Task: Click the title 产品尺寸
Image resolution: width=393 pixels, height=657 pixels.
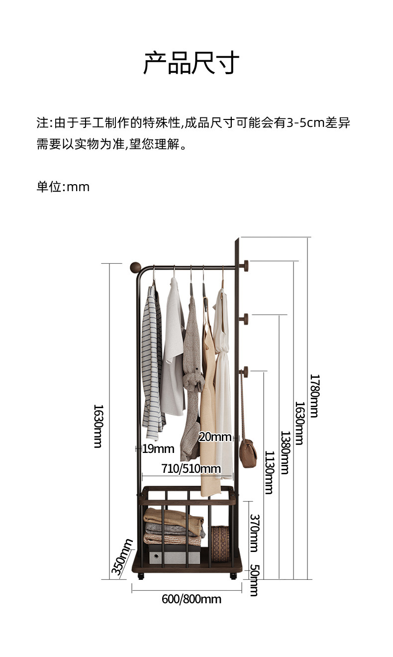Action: click(192, 63)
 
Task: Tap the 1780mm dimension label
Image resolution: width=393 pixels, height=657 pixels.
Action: click(314, 396)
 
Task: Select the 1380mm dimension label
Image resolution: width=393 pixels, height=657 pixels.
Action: click(285, 452)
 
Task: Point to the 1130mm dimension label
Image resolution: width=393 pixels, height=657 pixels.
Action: click(269, 472)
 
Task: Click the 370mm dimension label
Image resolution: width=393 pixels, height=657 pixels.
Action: click(254, 533)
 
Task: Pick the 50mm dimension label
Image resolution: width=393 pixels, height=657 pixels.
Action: click(254, 580)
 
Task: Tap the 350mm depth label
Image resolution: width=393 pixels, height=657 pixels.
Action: click(122, 557)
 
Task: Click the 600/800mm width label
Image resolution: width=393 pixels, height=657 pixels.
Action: click(192, 599)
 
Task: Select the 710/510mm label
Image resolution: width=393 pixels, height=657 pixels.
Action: click(191, 468)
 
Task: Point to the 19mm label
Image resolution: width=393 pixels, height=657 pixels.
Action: click(158, 449)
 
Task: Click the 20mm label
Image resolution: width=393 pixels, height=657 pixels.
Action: click(214, 437)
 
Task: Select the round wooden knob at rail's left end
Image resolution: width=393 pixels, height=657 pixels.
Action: click(135, 267)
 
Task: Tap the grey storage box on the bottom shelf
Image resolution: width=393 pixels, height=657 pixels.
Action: click(174, 554)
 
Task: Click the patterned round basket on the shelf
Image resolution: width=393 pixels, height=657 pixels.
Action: click(220, 544)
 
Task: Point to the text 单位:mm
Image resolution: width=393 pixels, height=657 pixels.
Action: click(63, 187)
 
